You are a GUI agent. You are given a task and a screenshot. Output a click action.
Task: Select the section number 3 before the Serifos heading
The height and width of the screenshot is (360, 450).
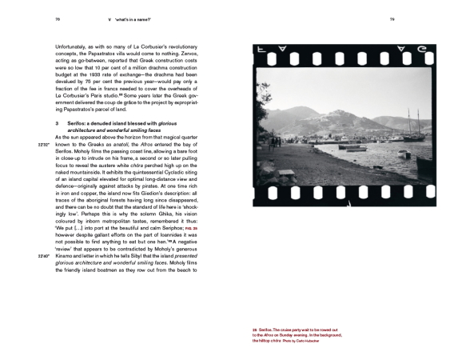pyautogui.click(x=55, y=123)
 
